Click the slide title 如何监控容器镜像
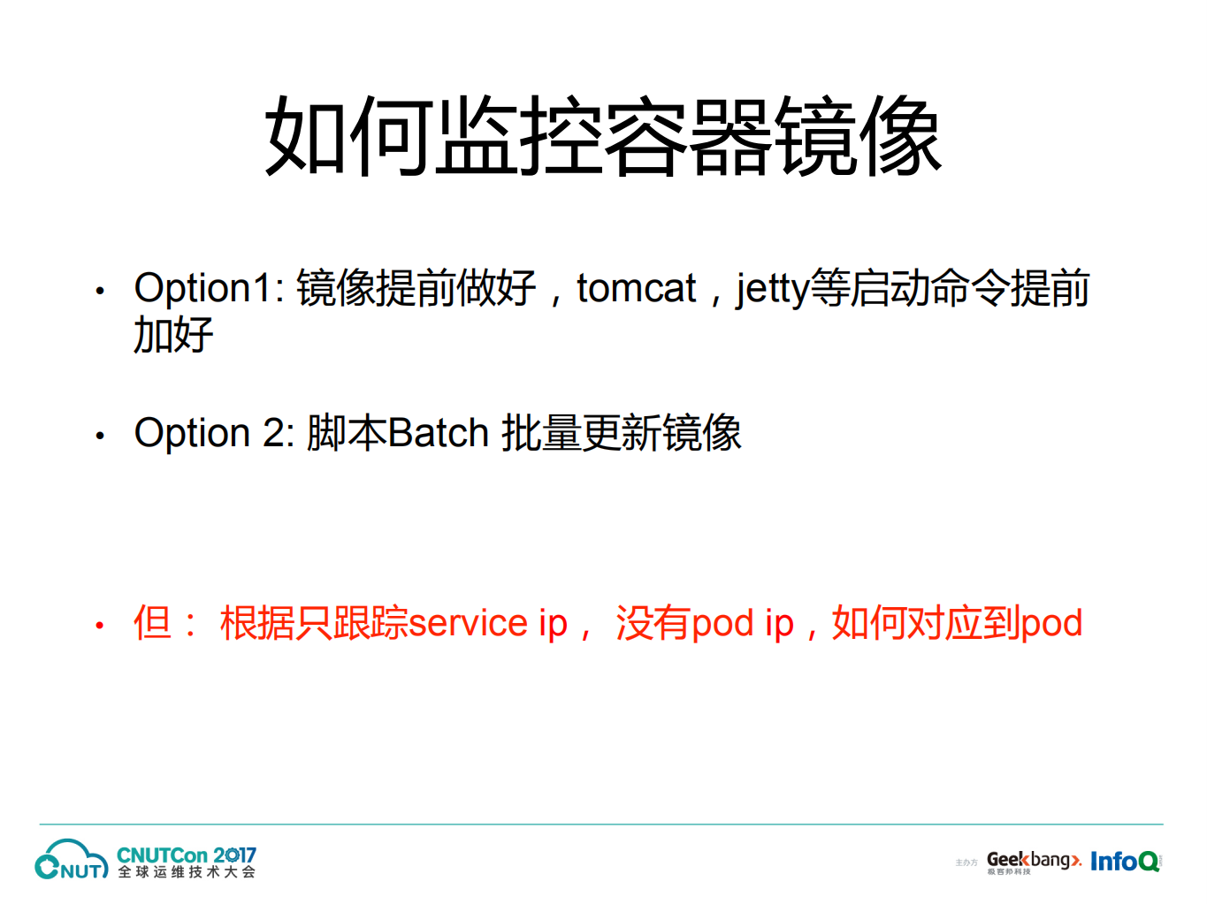pyautogui.click(x=603, y=137)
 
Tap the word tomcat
pyautogui.click(x=636, y=289)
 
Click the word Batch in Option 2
pyautogui.click(x=439, y=433)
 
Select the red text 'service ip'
pyautogui.click(x=488, y=623)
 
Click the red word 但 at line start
pyautogui.click(x=152, y=623)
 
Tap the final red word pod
pyautogui.click(x=1051, y=623)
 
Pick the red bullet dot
pyautogui.click(x=100, y=626)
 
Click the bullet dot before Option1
pyautogui.click(x=100, y=291)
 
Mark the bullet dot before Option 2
pyautogui.click(x=100, y=435)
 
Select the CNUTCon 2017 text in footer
pyautogui.click(x=186, y=855)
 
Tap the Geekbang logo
pyautogui.click(x=1033, y=860)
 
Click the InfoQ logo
pyautogui.click(x=1124, y=861)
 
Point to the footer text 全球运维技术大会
pyautogui.click(x=187, y=872)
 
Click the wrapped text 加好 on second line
pyautogui.click(x=173, y=336)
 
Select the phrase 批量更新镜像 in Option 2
pyautogui.click(x=622, y=433)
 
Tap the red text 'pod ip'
pyautogui.click(x=742, y=623)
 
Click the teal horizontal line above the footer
pyautogui.click(x=601, y=824)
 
